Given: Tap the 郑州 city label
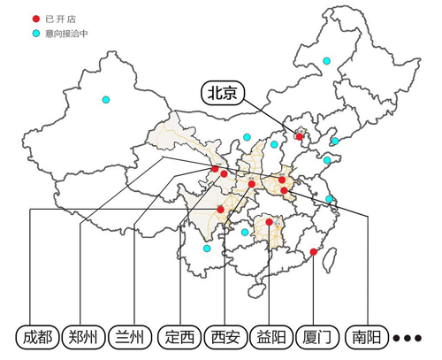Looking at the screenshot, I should [x=84, y=337].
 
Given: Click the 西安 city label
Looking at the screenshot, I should [x=226, y=337].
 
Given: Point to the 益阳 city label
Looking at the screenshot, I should [x=271, y=337].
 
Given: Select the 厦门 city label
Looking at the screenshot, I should [x=316, y=337].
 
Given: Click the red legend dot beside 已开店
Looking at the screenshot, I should [x=35, y=19].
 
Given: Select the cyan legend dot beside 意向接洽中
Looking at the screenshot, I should [x=35, y=34].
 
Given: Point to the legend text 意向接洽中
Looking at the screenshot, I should [x=65, y=34].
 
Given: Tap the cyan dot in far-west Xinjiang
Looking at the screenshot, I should [x=106, y=99].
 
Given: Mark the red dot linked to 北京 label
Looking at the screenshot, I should [x=299, y=137].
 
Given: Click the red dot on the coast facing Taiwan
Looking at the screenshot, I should [x=314, y=252].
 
